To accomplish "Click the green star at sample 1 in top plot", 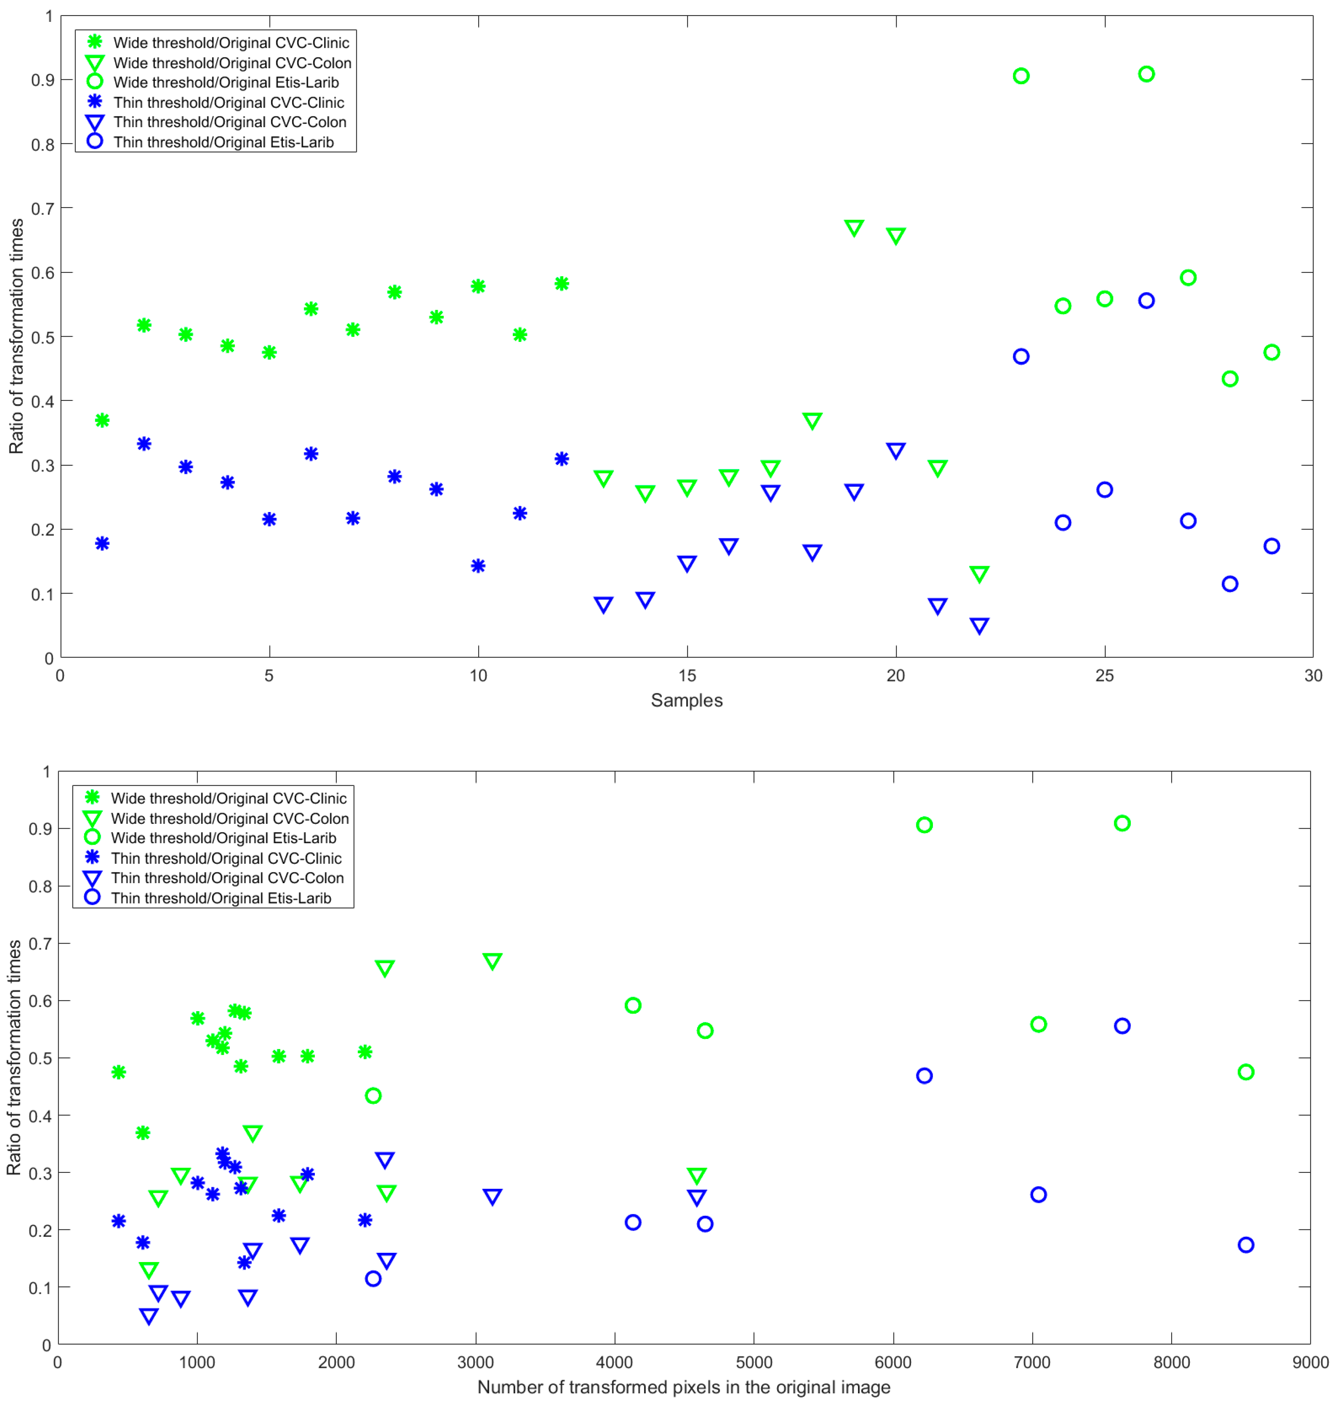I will [102, 420].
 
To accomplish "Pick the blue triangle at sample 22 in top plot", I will [979, 626].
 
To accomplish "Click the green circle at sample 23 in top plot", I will [1021, 76].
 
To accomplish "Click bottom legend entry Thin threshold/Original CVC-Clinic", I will [226, 858].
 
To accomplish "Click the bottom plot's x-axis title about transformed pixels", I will [684, 1387].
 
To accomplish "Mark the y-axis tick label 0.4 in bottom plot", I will [40, 1116].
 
